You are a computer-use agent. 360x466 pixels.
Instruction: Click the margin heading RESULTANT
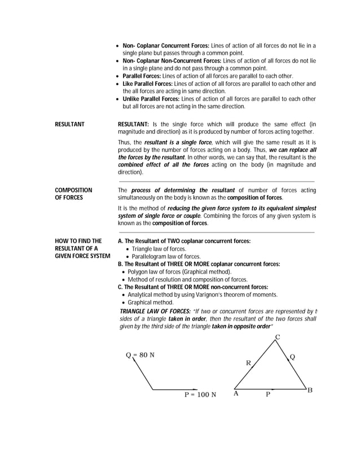pos(69,124)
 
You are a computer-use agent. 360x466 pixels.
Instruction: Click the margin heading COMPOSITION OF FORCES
pos(73,194)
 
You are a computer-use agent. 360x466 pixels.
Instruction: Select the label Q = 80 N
pos(140,355)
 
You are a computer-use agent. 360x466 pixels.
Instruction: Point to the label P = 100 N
pos(200,395)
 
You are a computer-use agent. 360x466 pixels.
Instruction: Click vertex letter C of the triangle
pos(277,337)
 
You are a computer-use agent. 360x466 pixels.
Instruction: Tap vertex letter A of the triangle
pos(236,394)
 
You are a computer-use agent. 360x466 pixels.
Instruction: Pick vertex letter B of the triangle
pos(310,390)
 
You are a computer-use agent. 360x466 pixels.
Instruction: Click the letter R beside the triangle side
pos(248,363)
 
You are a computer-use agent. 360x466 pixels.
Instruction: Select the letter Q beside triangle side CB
pos(292,357)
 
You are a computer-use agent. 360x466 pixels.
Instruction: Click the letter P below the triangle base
pos(268,395)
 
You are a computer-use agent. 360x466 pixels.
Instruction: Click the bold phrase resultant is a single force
pos(178,143)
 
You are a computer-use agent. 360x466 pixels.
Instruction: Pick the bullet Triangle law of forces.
pos(159,249)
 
